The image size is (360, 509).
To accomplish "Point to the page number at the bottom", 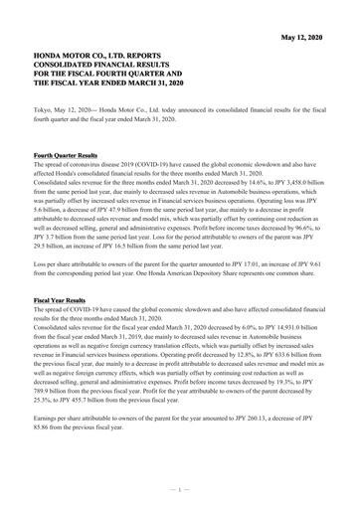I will point(180,490).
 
